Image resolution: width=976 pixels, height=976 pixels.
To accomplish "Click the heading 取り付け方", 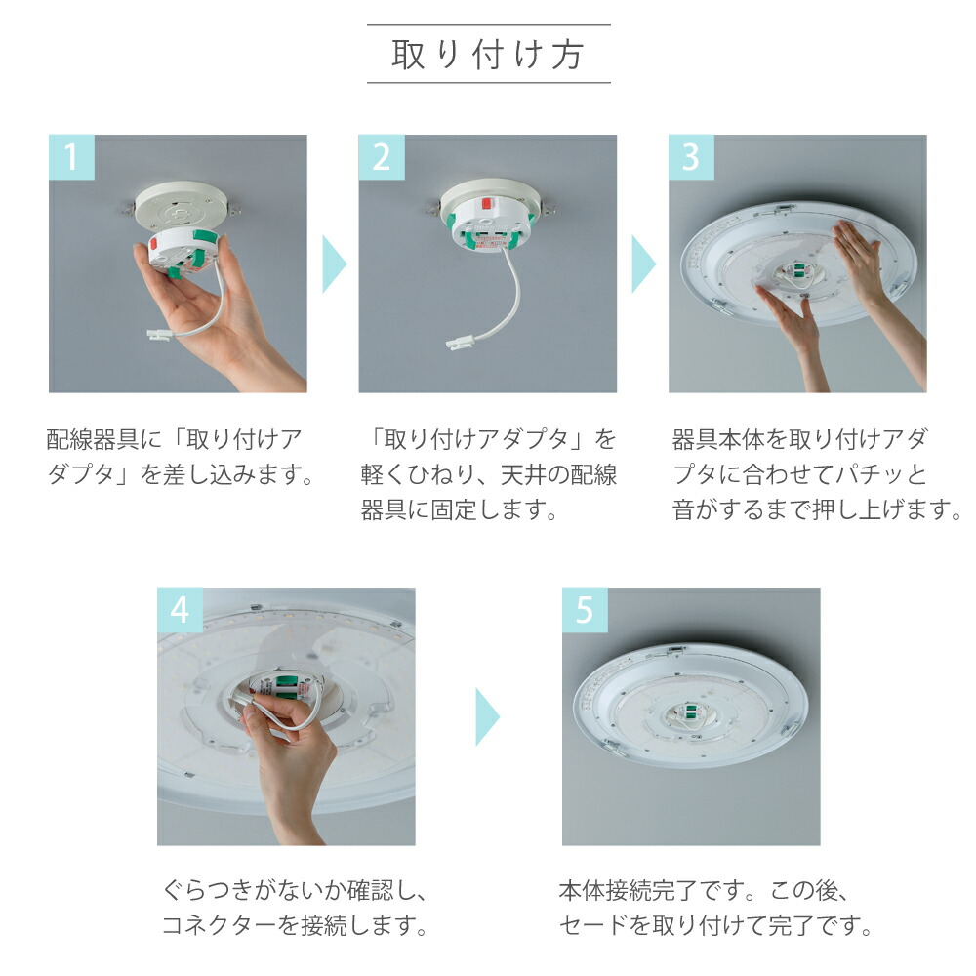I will coord(488,55).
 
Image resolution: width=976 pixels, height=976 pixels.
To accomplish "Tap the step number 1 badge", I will coord(71,157).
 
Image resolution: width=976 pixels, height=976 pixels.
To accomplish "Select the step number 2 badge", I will coord(381,157).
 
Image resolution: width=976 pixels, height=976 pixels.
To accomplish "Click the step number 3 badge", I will coord(691,157).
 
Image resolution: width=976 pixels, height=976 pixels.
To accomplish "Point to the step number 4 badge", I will coord(180,610).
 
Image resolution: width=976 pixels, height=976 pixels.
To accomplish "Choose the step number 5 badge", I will coord(585,610).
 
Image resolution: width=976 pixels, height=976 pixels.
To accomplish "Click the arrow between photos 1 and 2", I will coord(334,264).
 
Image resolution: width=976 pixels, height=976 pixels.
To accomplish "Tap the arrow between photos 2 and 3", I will coord(643,264).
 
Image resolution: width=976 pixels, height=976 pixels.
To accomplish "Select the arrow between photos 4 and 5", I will coord(487,716).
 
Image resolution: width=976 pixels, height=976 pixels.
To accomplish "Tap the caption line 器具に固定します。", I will coord(459,509).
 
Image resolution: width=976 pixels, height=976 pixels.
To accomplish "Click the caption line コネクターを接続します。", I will coord(295,925).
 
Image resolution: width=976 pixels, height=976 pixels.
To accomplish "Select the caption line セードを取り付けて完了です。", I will coord(715,925).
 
